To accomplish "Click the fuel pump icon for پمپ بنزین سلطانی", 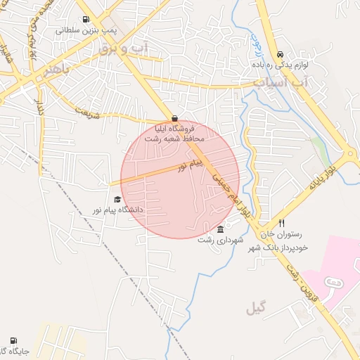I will coord(86,20).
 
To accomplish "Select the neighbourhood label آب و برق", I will coord(124,48).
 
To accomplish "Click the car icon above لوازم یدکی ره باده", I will coord(280,53).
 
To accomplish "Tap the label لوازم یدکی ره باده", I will coord(280,65).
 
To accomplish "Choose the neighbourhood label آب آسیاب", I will coord(278,82).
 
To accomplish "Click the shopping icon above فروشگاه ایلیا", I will coord(174,118).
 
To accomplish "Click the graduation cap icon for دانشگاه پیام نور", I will coord(117,200).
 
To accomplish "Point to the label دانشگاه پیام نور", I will coord(117,210).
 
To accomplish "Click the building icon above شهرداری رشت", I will coord(221,230).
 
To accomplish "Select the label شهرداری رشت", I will coord(221,240).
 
